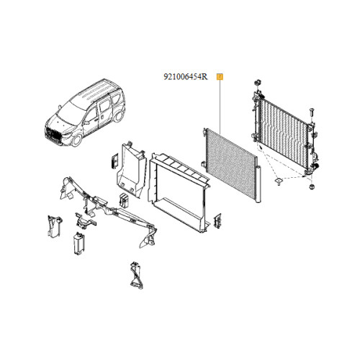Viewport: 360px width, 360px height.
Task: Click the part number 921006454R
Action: pos(186,77)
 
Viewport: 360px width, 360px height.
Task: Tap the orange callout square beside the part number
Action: pos(220,77)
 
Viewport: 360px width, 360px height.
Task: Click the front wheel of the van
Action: pos(77,140)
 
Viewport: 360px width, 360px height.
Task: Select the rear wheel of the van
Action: pos(118,116)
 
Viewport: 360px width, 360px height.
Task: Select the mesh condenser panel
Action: pos(230,163)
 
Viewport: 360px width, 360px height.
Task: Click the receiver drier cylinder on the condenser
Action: pos(258,184)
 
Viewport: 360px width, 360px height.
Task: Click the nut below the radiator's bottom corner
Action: pos(312,187)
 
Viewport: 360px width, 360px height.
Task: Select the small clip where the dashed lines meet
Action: pos(279,181)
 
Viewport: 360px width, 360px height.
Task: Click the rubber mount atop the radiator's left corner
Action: pos(258,83)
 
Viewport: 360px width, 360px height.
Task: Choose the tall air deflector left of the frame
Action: pos(131,168)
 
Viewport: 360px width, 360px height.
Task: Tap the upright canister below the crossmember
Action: pos(79,243)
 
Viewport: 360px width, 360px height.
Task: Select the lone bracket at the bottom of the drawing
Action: pos(137,276)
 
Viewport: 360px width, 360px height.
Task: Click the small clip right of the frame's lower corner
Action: pos(217,221)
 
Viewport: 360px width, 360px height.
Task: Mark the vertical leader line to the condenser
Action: pos(220,107)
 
